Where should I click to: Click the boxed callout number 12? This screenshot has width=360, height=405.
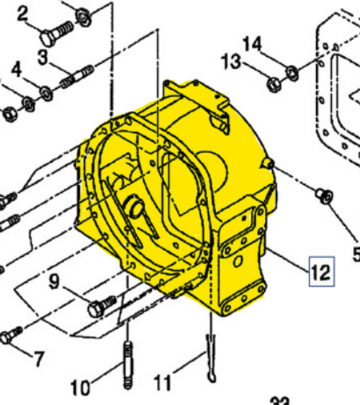(320, 273)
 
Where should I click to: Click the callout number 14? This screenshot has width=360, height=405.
(252, 44)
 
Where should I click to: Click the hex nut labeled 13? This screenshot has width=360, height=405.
(274, 84)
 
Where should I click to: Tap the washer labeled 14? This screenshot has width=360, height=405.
(292, 71)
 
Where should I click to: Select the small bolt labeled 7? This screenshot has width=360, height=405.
(12, 335)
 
